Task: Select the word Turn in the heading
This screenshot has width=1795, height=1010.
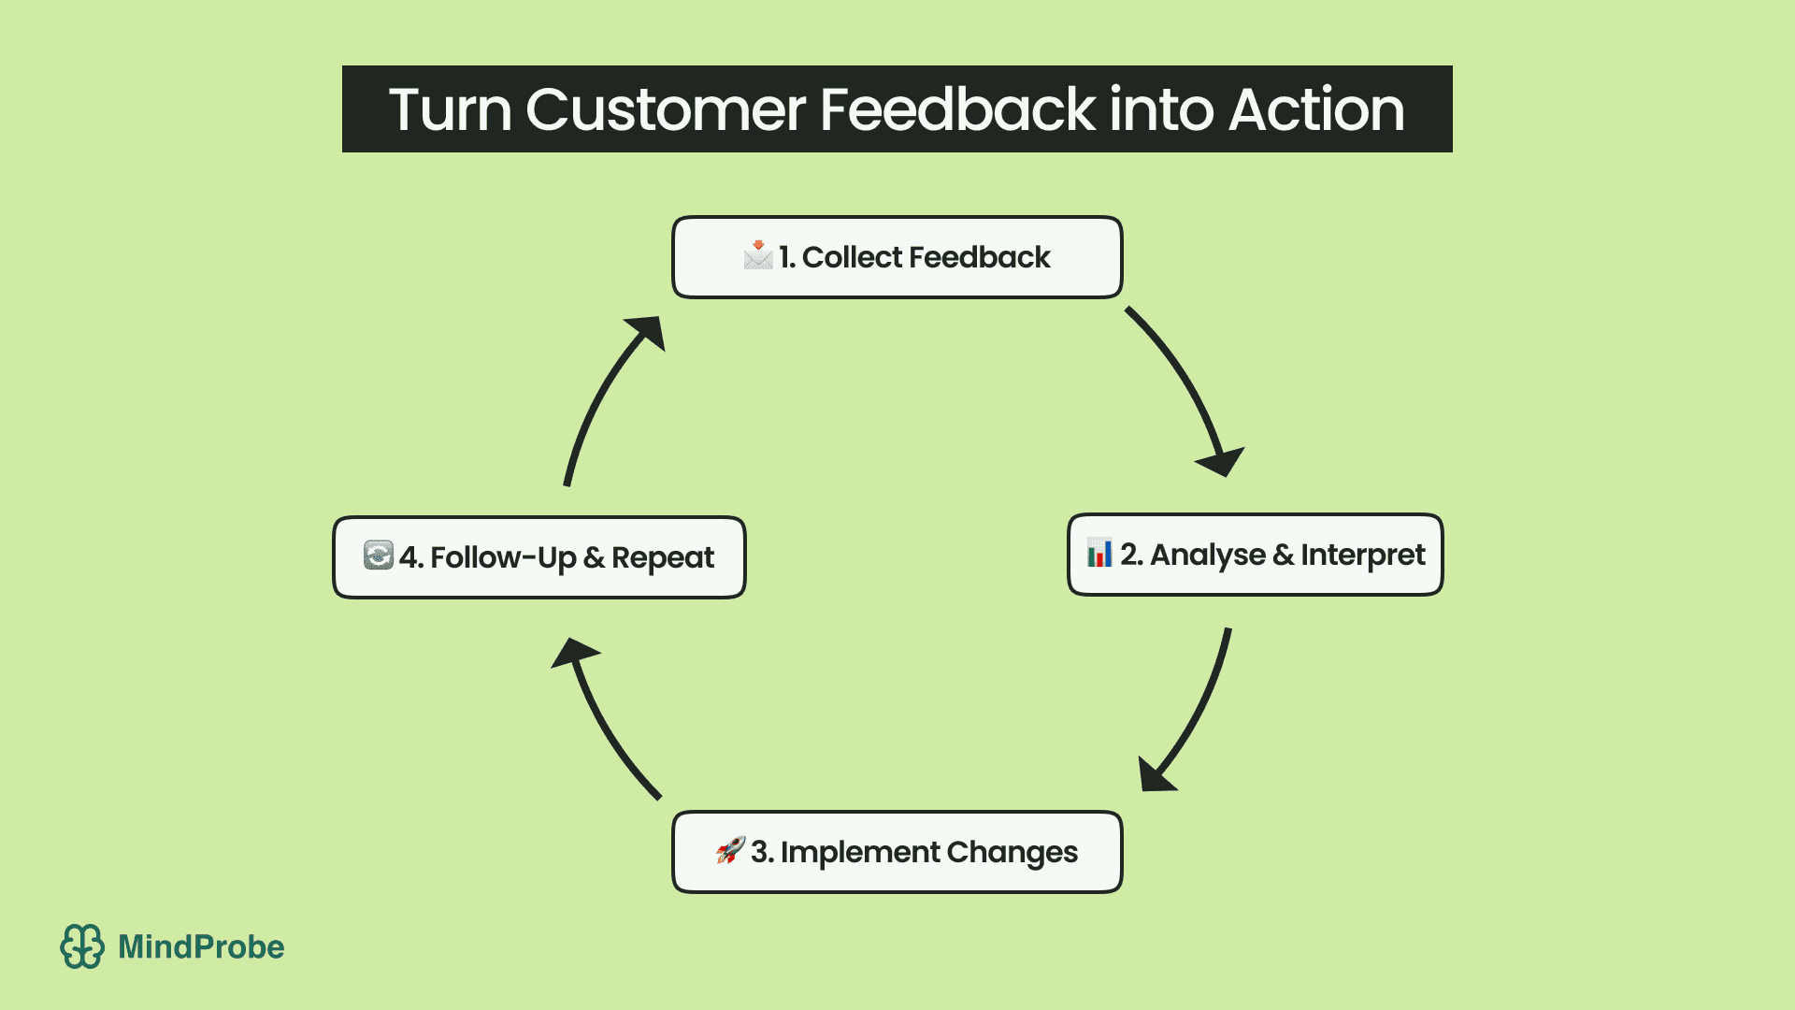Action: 450,109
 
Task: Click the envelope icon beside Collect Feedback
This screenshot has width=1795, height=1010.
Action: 757,255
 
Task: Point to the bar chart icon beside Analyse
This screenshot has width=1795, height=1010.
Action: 1099,554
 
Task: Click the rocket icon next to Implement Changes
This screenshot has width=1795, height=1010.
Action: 730,850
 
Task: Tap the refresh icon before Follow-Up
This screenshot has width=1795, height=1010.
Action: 379,555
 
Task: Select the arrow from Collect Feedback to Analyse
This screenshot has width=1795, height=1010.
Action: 1188,383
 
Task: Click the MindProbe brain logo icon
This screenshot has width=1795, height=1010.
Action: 82,946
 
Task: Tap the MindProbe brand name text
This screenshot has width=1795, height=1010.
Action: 201,947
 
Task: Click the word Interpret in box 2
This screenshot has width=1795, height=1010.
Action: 1362,555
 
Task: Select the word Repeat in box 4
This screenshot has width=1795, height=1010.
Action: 662,558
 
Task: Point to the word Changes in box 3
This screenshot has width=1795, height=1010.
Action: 1012,852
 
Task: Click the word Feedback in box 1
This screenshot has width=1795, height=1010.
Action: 979,257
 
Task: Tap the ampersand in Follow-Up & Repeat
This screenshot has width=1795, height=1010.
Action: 594,558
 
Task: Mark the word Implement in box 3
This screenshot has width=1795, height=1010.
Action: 859,852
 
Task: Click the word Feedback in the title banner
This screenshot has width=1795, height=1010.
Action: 956,109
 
